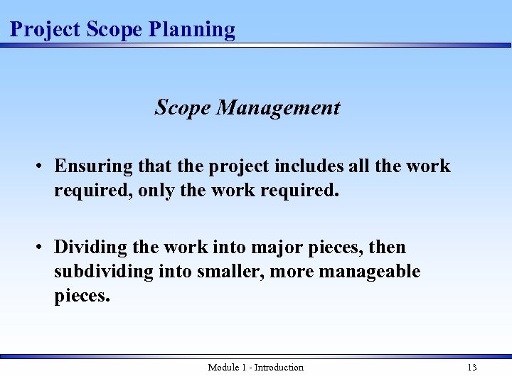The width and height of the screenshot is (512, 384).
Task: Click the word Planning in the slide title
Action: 192,30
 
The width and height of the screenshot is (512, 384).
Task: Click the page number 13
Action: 471,368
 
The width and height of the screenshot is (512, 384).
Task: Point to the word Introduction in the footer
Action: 279,368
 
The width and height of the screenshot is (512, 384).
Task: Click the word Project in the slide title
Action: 45,30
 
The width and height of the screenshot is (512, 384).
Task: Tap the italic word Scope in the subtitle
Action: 183,108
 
